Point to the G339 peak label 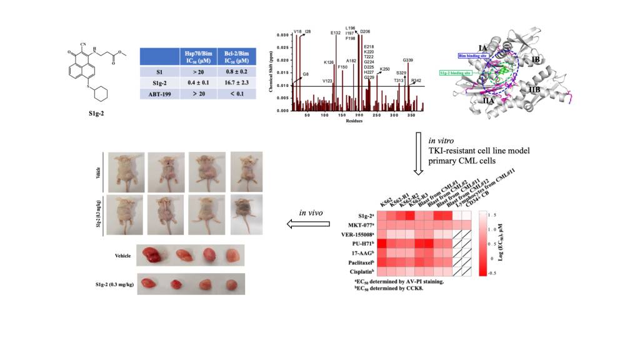click(407, 59)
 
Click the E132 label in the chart click(336, 32)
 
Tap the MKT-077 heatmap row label click(360, 224)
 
